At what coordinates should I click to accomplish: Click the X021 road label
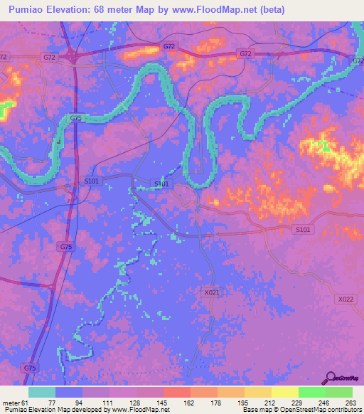(x=211, y=292)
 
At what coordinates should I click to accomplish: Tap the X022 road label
(x=346, y=299)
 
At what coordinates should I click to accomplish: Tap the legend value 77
(x=52, y=402)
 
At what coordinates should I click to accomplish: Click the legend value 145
(x=163, y=402)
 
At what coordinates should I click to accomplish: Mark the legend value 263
(x=351, y=402)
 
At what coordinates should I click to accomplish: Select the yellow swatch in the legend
(x=285, y=392)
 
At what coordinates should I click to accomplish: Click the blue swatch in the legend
(x=69, y=392)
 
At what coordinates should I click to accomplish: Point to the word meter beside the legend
(x=10, y=402)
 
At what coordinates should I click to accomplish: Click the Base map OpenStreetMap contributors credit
(x=299, y=410)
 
